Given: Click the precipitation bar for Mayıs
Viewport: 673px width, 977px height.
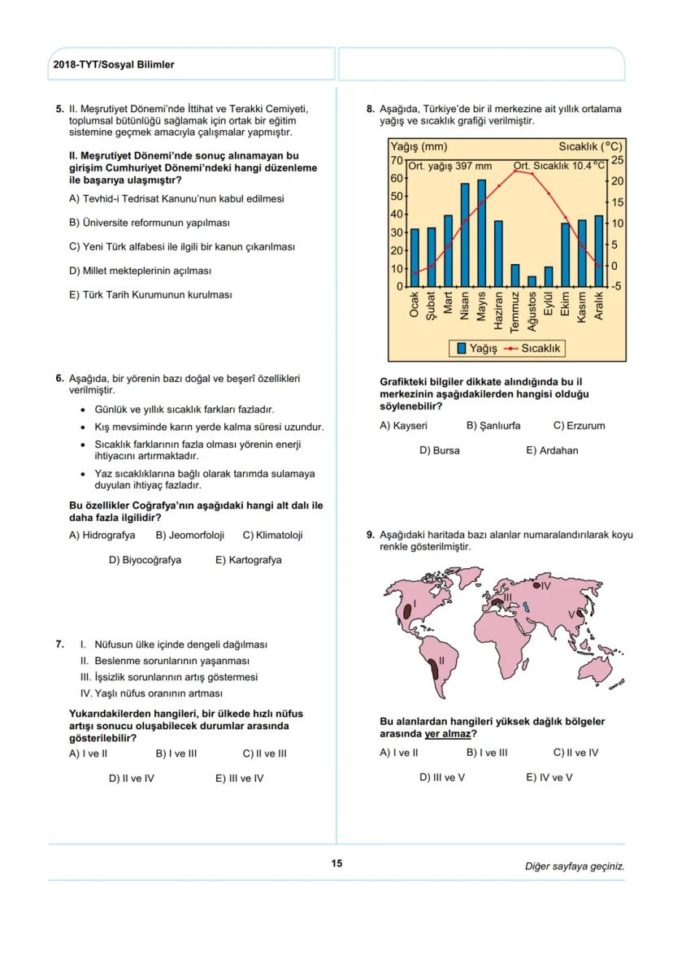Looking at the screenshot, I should pos(481,233).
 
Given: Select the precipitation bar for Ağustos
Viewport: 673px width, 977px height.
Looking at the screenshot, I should pos(532,281).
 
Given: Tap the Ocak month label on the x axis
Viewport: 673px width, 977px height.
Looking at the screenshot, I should pos(415,304).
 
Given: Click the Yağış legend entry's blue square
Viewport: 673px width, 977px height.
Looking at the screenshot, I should pos(461,349).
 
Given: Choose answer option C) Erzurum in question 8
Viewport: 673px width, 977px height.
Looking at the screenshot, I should pos(579,425).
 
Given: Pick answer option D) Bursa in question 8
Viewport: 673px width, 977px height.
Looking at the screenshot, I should pos(439,450).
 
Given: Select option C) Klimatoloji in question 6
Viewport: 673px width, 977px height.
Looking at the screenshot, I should pos(272,536).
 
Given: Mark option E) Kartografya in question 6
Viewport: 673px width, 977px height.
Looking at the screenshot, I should pos(248,560).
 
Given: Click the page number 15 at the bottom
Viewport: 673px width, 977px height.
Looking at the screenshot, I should pos(336,864).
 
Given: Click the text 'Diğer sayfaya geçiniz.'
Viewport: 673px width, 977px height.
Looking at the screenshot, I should pos(574,866).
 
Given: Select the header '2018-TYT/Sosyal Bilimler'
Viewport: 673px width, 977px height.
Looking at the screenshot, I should pos(113,64).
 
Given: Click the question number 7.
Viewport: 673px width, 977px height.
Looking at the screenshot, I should pos(59,645).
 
